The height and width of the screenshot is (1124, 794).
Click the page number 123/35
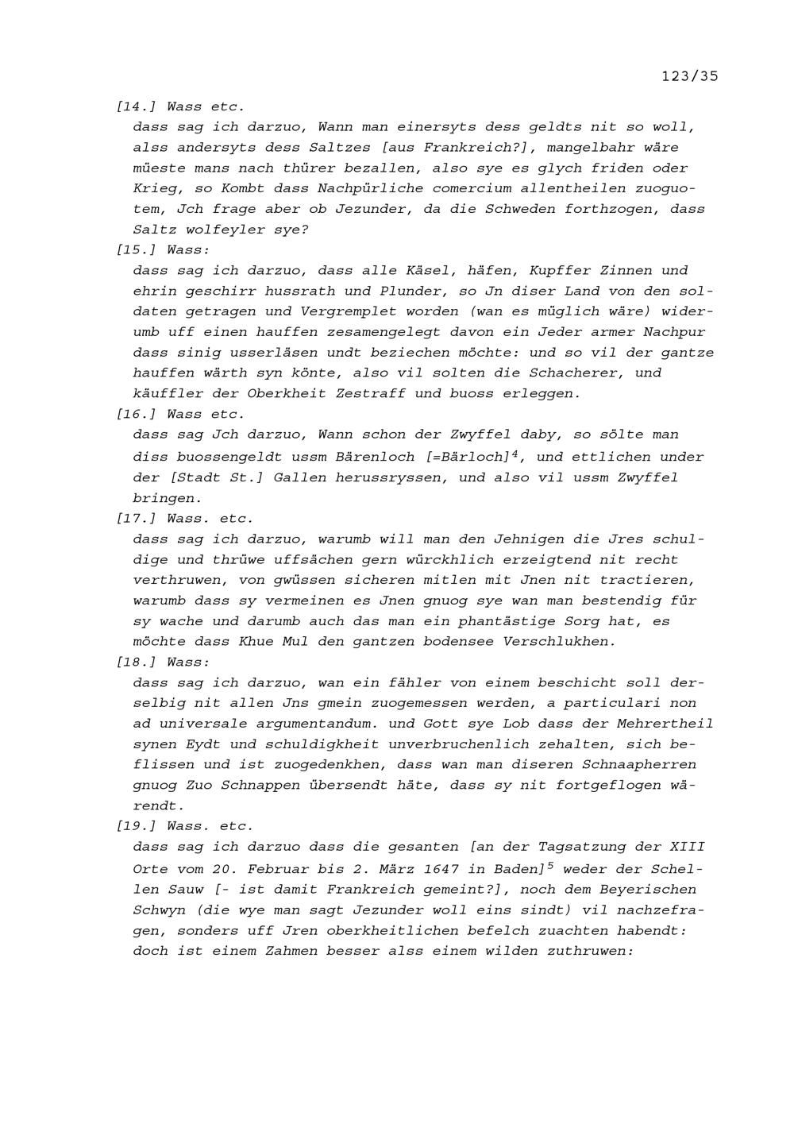point(689,76)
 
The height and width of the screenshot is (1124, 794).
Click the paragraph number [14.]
point(137,106)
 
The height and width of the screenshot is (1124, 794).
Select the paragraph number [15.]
point(137,249)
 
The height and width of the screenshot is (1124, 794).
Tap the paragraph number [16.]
point(137,414)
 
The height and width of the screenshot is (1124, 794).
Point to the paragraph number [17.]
point(137,519)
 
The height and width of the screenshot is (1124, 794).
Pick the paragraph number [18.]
point(137,662)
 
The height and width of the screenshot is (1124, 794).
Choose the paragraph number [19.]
point(137,826)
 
